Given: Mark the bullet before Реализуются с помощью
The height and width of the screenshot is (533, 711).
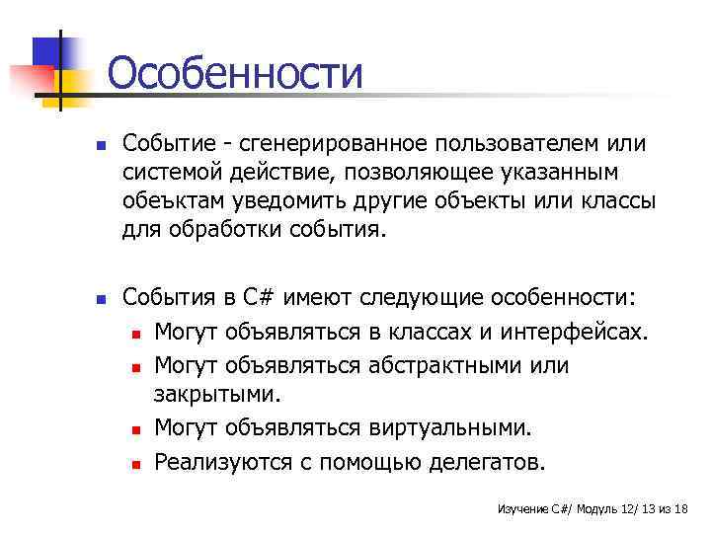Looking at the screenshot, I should pyautogui.click(x=135, y=461).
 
